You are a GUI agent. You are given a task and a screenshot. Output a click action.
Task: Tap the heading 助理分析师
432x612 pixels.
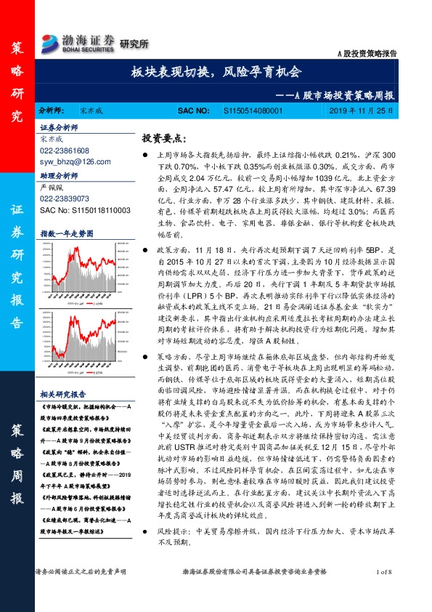coord(58,175)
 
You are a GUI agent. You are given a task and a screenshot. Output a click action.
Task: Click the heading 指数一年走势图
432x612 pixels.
coord(67,233)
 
